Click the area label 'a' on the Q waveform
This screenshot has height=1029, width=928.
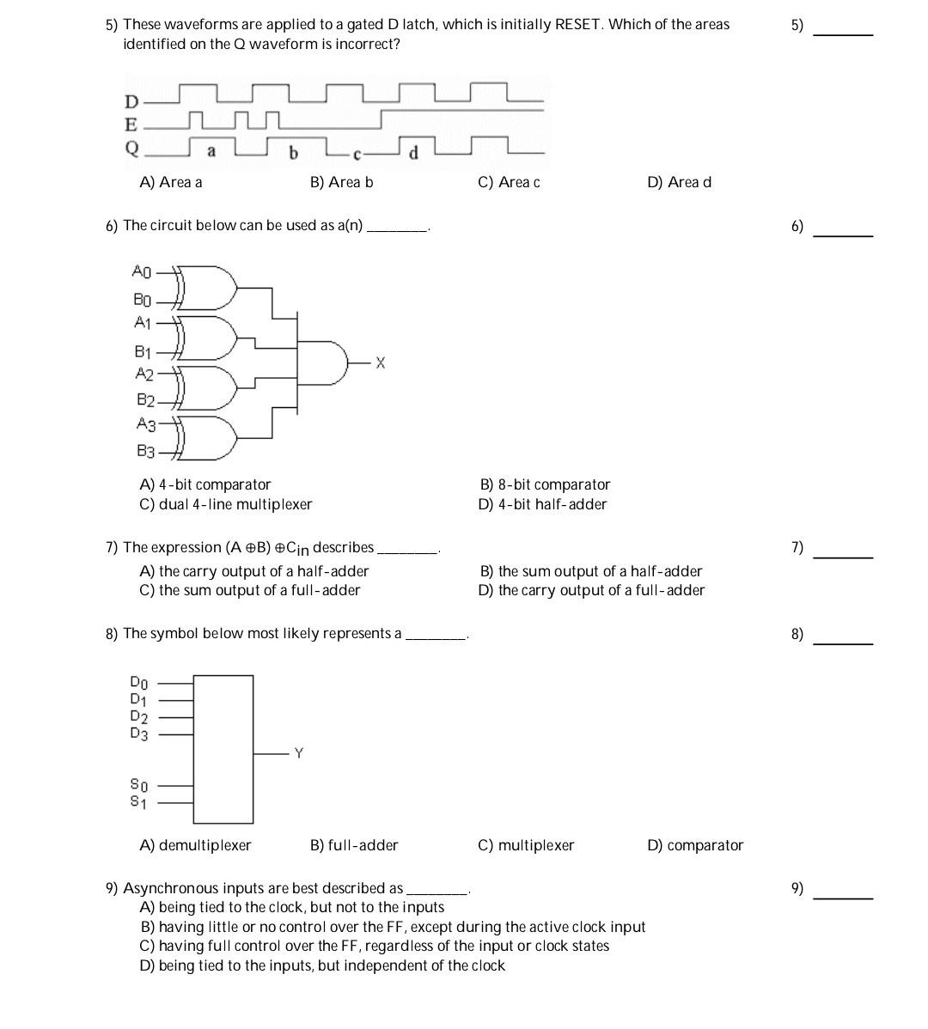[211, 151]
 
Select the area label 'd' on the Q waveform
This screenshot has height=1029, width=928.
[413, 153]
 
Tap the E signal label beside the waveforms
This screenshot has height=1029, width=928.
[131, 125]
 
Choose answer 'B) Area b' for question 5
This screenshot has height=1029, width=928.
[341, 182]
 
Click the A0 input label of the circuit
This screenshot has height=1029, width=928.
[141, 271]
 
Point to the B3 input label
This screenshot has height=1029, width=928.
[144, 450]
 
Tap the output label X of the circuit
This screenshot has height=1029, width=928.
[381, 363]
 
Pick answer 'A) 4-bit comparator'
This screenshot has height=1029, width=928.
[205, 484]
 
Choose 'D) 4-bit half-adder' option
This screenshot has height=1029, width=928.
[542, 504]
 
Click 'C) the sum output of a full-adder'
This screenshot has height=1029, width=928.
[249, 590]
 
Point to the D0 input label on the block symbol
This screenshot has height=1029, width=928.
[139, 684]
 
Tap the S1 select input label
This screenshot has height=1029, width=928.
[138, 802]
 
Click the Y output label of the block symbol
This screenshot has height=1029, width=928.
[298, 753]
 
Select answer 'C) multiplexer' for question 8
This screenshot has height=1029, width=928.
[525, 845]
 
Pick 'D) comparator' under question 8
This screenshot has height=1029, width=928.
[694, 845]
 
